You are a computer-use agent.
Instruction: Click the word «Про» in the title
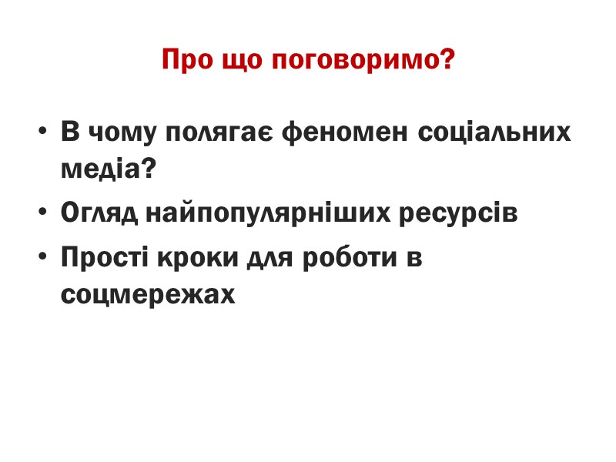click(x=183, y=60)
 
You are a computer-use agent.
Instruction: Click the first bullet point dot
click(x=43, y=132)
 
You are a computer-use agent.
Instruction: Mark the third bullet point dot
click(x=43, y=259)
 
